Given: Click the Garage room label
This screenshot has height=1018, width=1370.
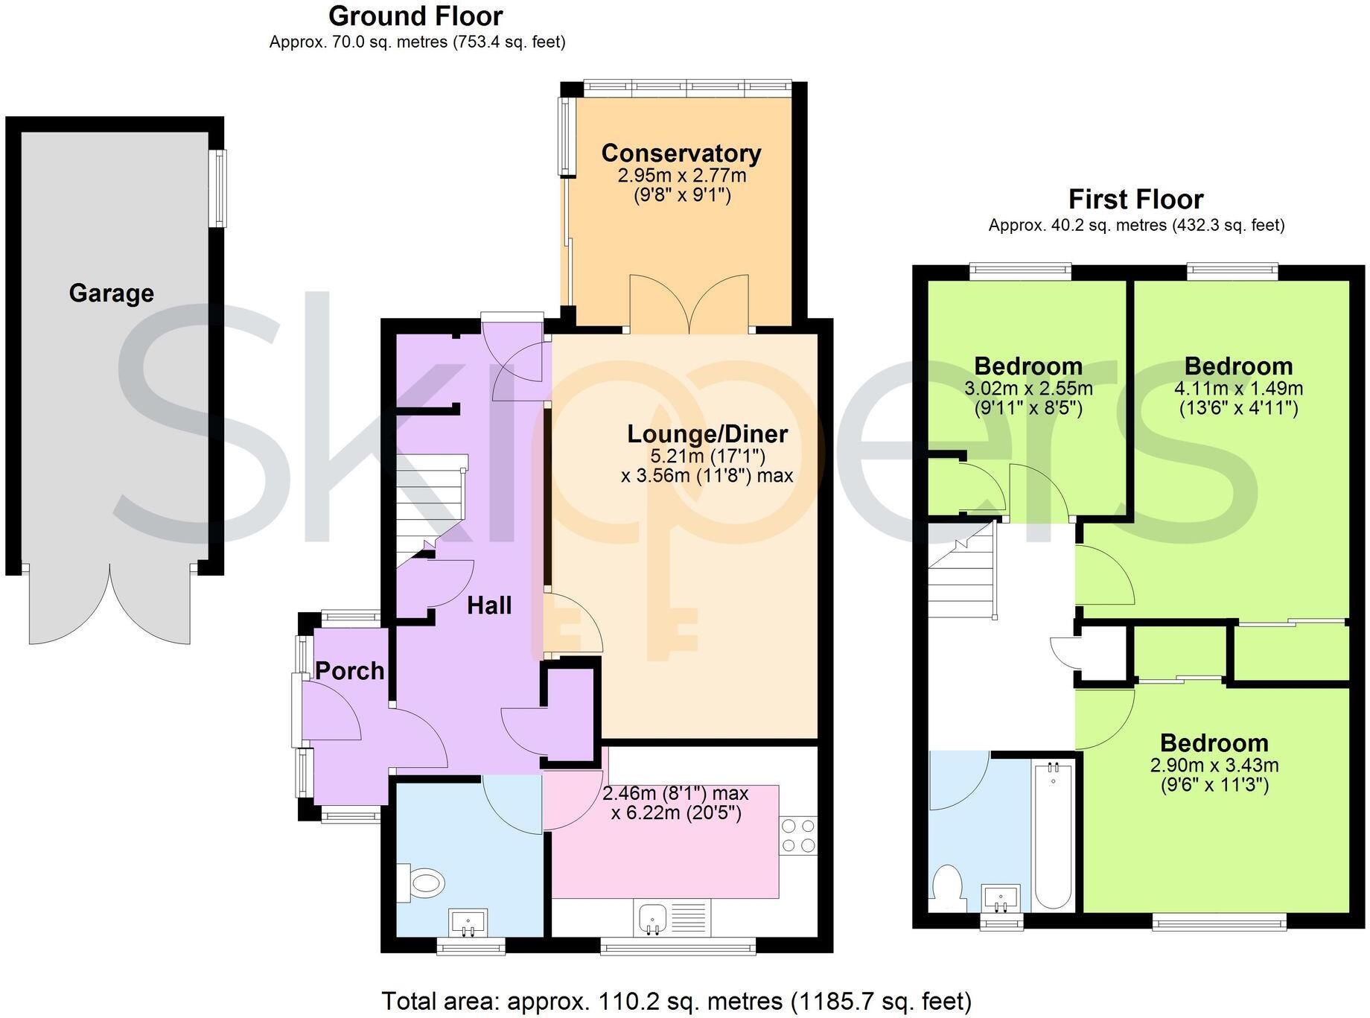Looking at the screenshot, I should click(111, 293).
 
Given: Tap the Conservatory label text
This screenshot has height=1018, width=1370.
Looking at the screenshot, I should click(681, 153).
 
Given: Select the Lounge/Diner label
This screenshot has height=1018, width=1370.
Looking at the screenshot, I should click(707, 433).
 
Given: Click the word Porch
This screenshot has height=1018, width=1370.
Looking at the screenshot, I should click(349, 671).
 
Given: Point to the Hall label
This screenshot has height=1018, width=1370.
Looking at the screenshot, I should click(489, 605).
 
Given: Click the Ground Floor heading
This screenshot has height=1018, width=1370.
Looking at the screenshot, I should click(415, 16).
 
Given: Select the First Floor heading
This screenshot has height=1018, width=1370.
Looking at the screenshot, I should click(1135, 200).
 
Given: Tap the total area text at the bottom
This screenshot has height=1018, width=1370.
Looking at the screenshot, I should click(676, 1001).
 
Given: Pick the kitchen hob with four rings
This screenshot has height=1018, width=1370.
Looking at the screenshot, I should click(798, 836).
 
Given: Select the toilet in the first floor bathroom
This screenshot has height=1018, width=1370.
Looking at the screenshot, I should click(947, 886).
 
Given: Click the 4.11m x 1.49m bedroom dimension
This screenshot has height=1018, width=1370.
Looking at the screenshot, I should click(1238, 389).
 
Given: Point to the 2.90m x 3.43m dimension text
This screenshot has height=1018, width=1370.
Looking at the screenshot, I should click(1214, 765).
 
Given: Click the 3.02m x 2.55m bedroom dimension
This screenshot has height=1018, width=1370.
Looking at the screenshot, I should click(1028, 389).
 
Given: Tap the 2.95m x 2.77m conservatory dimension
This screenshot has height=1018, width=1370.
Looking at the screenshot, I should click(681, 176).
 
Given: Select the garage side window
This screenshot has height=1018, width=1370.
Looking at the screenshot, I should click(217, 188).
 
